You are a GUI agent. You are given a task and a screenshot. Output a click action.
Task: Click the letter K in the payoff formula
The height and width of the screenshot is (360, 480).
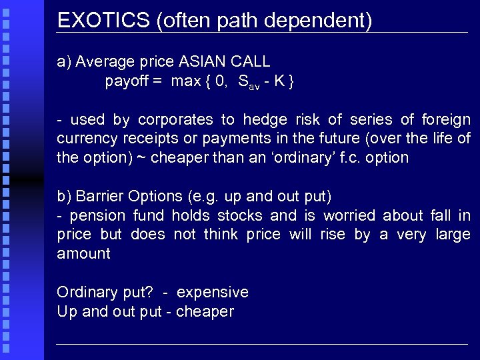coord(281,82)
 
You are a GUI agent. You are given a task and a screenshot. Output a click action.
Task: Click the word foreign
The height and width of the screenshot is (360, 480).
coord(446,120)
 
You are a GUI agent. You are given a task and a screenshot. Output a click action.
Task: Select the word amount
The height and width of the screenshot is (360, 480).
coord(83,254)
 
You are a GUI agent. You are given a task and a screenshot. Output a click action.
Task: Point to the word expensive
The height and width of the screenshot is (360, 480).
coord(212,293)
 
